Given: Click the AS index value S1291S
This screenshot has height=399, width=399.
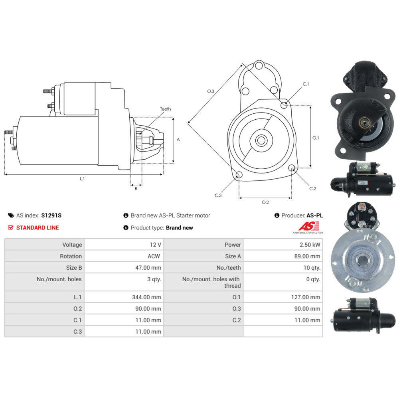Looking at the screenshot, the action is coord(51,215).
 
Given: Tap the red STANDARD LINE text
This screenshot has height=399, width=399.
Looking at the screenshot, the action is coord(38,228).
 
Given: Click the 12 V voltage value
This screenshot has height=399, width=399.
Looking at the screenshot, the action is coord(155,245).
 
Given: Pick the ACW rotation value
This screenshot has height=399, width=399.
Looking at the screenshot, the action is coord(154,256).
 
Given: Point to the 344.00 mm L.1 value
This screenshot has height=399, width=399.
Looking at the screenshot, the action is coord(146,297).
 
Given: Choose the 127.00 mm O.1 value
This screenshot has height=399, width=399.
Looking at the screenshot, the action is coord(306,297).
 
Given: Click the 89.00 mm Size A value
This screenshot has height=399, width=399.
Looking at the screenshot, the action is coord(307,256).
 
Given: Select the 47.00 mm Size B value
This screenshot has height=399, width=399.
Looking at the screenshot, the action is coord(148,268).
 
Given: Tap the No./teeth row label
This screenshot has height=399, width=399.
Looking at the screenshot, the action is coord(229,268).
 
